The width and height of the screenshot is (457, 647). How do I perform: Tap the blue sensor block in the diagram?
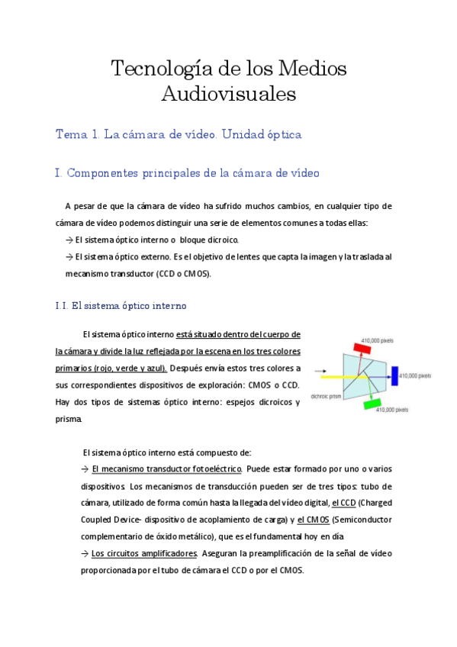click(x=394, y=375)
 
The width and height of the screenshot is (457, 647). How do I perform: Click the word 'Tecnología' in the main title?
click(x=162, y=69)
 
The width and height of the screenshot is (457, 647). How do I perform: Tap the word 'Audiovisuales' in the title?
click(x=228, y=95)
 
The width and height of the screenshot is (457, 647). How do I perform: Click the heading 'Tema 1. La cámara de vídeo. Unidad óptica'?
click(x=179, y=134)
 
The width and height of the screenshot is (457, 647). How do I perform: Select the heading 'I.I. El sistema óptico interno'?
click(x=121, y=306)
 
